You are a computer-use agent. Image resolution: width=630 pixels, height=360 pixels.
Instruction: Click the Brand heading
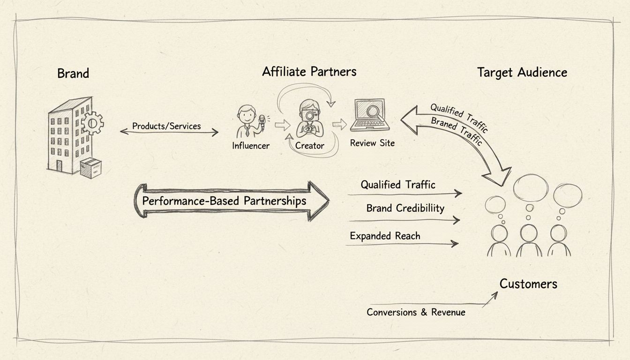(x=73, y=74)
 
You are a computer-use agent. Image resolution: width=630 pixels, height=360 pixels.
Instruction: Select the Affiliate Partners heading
(x=309, y=72)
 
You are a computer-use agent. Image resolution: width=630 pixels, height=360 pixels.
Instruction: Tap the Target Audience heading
(x=522, y=73)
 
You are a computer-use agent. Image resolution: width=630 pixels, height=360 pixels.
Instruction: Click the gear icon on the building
(x=92, y=124)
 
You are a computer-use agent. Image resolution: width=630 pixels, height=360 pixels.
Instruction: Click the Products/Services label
(x=166, y=126)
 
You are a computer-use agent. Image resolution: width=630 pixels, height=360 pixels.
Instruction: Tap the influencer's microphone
(x=262, y=121)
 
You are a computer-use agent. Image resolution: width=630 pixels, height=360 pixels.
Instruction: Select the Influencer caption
(x=251, y=146)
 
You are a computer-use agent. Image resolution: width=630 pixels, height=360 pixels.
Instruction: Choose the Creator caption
(x=309, y=146)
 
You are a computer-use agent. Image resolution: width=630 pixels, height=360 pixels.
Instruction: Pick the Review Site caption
(x=372, y=143)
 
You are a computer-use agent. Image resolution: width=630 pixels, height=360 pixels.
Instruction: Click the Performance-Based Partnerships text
(x=224, y=201)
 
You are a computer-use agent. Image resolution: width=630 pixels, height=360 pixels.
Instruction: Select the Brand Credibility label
(x=405, y=208)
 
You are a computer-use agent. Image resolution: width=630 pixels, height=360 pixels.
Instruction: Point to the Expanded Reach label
(x=385, y=236)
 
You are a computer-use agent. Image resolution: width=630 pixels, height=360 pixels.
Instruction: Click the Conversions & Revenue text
(x=416, y=312)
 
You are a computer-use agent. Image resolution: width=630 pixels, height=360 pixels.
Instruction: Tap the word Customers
(x=528, y=284)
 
